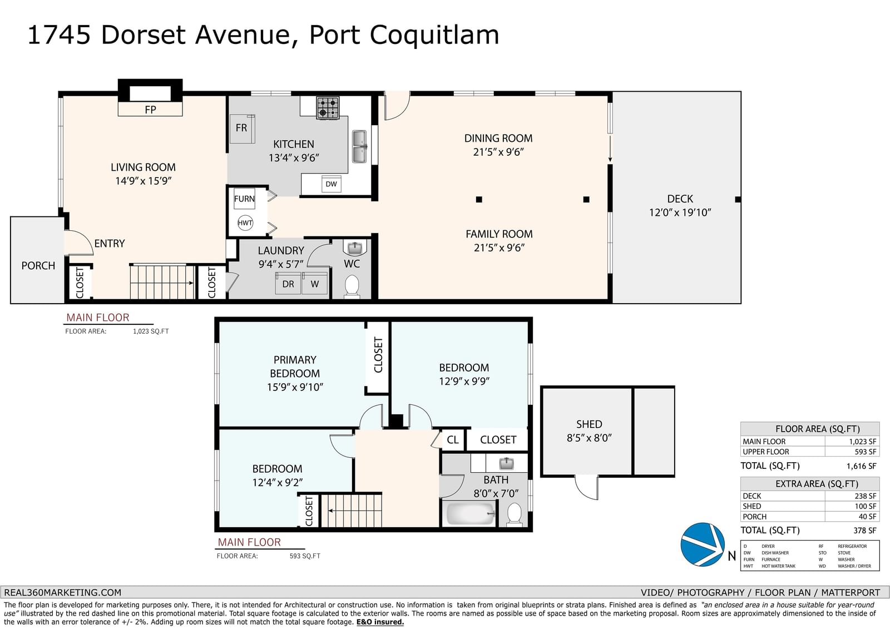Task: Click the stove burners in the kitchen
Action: (328, 108)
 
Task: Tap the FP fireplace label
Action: (150, 110)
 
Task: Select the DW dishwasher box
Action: (331, 184)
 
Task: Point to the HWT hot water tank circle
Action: (245, 223)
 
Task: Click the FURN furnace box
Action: (244, 199)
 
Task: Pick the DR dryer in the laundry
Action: (288, 283)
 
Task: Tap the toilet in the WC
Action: (352, 286)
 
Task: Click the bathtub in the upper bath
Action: (471, 513)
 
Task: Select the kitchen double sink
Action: (359, 146)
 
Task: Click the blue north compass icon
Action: (703, 544)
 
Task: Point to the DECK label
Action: (680, 199)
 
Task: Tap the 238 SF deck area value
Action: (865, 496)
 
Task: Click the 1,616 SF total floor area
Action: (862, 465)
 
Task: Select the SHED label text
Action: (589, 424)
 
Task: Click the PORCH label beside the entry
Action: (38, 265)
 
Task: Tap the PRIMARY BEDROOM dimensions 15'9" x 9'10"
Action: (295, 387)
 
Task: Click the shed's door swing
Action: (586, 488)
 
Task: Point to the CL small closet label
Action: (453, 439)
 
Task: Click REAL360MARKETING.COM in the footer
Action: (62, 592)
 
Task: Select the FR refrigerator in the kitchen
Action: (242, 128)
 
